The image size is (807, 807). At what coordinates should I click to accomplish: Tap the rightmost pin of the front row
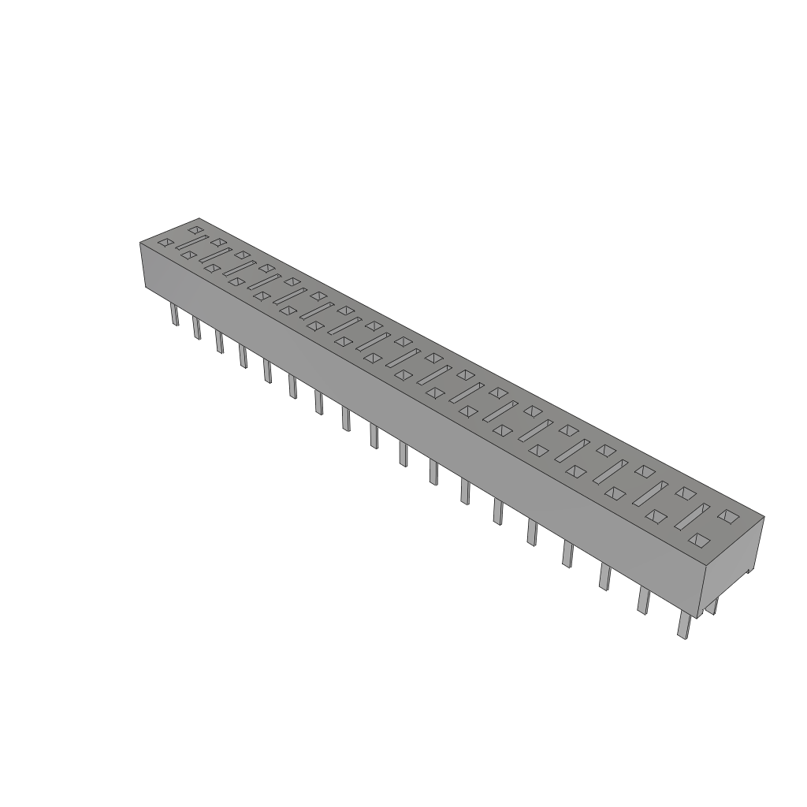click(683, 626)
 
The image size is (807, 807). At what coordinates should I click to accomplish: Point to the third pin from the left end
click(219, 341)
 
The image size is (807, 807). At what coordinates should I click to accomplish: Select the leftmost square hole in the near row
click(165, 243)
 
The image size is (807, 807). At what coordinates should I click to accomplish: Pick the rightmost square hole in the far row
click(729, 516)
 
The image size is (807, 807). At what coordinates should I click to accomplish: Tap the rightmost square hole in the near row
click(697, 540)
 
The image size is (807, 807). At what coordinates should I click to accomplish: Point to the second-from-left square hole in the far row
click(218, 241)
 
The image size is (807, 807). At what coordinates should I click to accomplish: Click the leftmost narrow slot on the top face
click(191, 243)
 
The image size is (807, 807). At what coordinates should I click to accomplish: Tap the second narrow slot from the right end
click(653, 493)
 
